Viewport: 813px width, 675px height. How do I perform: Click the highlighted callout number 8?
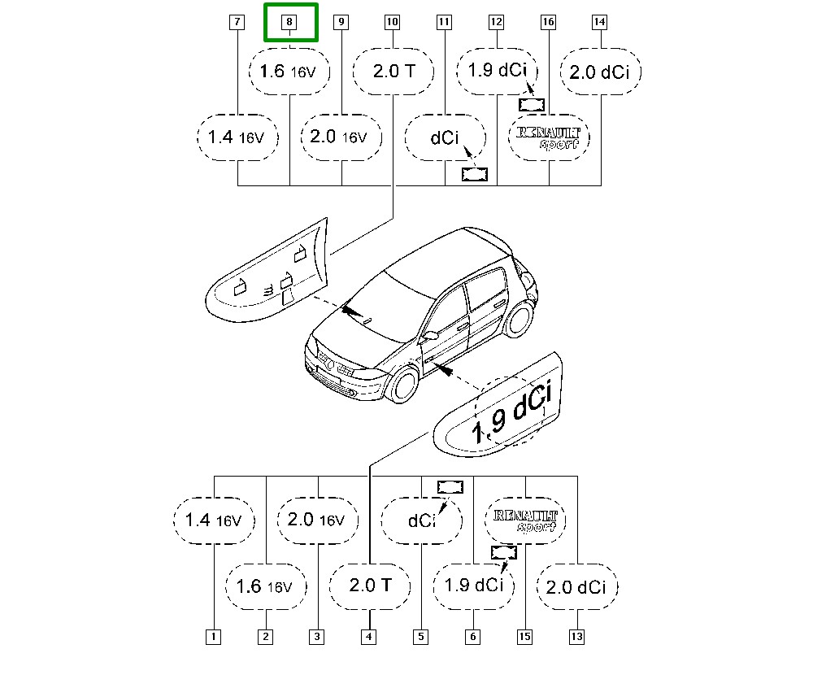pyautogui.click(x=289, y=22)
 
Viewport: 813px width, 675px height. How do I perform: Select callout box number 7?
pyautogui.click(x=237, y=22)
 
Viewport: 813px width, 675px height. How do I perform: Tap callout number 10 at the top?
pyautogui.click(x=393, y=22)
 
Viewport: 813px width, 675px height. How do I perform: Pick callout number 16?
pyautogui.click(x=548, y=22)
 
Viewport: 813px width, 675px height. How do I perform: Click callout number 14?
pyautogui.click(x=599, y=22)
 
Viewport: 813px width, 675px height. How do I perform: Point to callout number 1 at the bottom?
pyautogui.click(x=213, y=637)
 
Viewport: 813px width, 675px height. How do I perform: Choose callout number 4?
pyautogui.click(x=368, y=637)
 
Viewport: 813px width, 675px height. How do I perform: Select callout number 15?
pyautogui.click(x=524, y=637)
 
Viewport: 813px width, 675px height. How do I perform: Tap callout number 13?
pyautogui.click(x=576, y=637)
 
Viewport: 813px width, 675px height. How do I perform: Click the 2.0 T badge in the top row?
pyautogui.click(x=393, y=72)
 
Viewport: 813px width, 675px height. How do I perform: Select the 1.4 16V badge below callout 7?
pyautogui.click(x=237, y=137)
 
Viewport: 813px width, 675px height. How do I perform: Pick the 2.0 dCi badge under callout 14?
pyautogui.click(x=601, y=72)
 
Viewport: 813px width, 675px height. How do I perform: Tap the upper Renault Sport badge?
pyautogui.click(x=549, y=137)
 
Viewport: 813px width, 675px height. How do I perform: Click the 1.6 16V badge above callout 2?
pyautogui.click(x=266, y=587)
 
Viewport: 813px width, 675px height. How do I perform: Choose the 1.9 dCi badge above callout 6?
pyautogui.click(x=474, y=587)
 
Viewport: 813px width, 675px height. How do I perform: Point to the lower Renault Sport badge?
pyautogui.click(x=525, y=520)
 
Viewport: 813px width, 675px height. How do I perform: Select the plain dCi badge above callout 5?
pyautogui.click(x=421, y=520)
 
